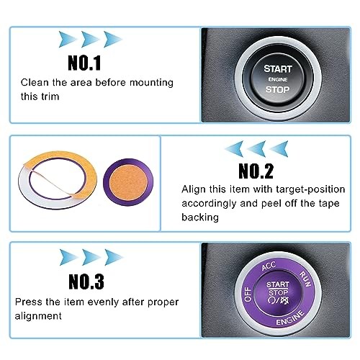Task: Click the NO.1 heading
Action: (85, 63)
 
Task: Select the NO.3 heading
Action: (85, 281)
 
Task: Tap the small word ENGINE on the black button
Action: (277, 79)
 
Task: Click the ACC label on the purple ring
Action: (269, 266)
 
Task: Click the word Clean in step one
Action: (35, 83)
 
